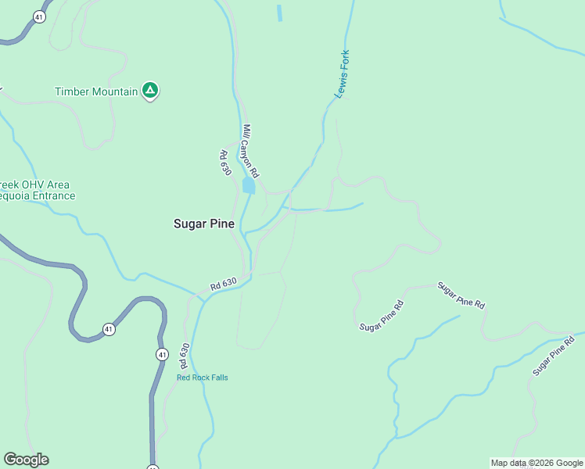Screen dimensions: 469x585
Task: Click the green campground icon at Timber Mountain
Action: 150,91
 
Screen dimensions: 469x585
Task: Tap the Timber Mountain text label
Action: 95,91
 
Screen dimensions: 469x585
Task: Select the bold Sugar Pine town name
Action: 203,224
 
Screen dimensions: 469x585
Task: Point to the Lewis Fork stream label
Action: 342,74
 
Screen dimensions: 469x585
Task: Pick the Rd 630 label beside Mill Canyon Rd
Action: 225,163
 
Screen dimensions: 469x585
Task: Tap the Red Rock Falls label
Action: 202,378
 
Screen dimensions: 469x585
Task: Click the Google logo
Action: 26,460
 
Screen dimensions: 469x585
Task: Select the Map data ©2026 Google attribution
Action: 537,463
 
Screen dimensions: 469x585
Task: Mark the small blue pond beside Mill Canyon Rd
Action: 249,186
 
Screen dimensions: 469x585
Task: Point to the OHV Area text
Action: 39,184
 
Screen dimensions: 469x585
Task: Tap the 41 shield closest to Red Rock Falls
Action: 162,354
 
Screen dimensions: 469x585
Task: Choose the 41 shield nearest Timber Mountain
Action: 38,16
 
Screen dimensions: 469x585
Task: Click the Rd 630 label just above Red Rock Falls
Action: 185,355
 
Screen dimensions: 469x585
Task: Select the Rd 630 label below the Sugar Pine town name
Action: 223,286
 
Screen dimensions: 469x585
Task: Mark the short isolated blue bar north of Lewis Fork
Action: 278,13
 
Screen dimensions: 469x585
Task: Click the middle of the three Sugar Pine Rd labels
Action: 461,295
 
